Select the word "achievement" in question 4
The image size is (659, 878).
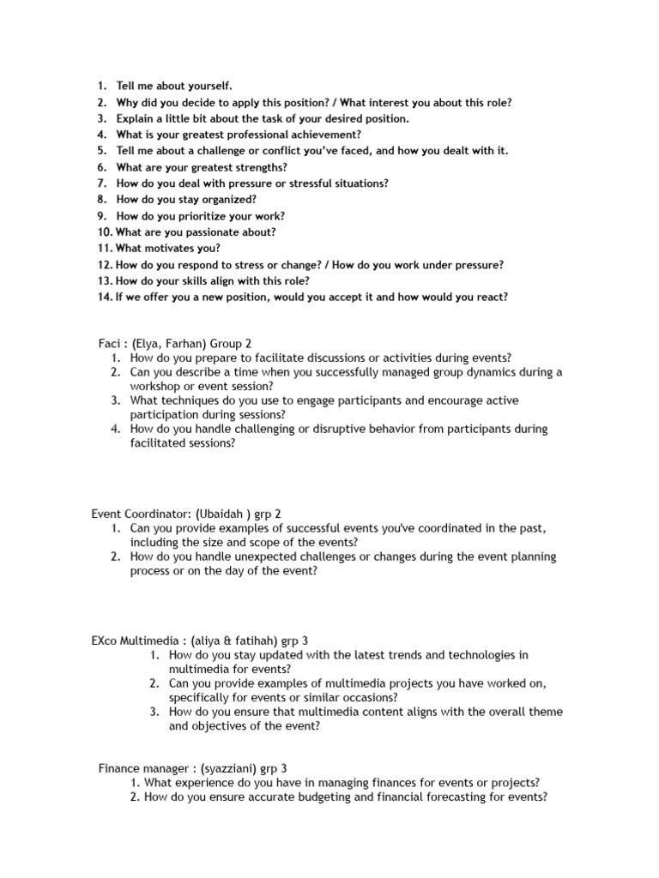(327, 135)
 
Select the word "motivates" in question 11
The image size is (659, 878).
(168, 248)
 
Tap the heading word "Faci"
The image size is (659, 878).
(111, 343)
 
